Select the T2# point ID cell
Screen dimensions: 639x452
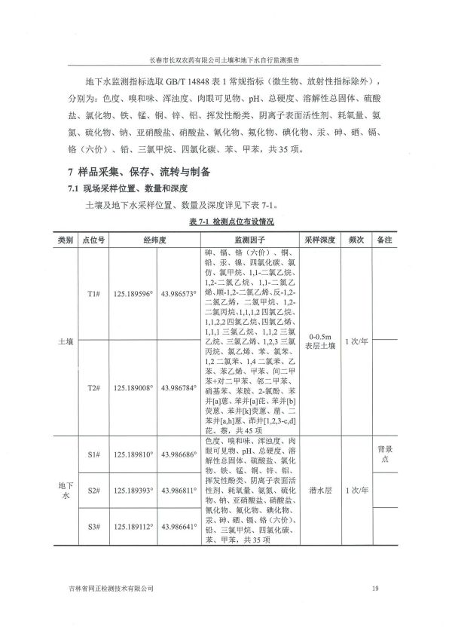pos(94,388)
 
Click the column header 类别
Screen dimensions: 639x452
pos(66,239)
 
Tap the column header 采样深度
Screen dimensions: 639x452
pos(319,239)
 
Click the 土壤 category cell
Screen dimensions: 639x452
pos(66,341)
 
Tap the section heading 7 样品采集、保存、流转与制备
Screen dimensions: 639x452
pos(145,172)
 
